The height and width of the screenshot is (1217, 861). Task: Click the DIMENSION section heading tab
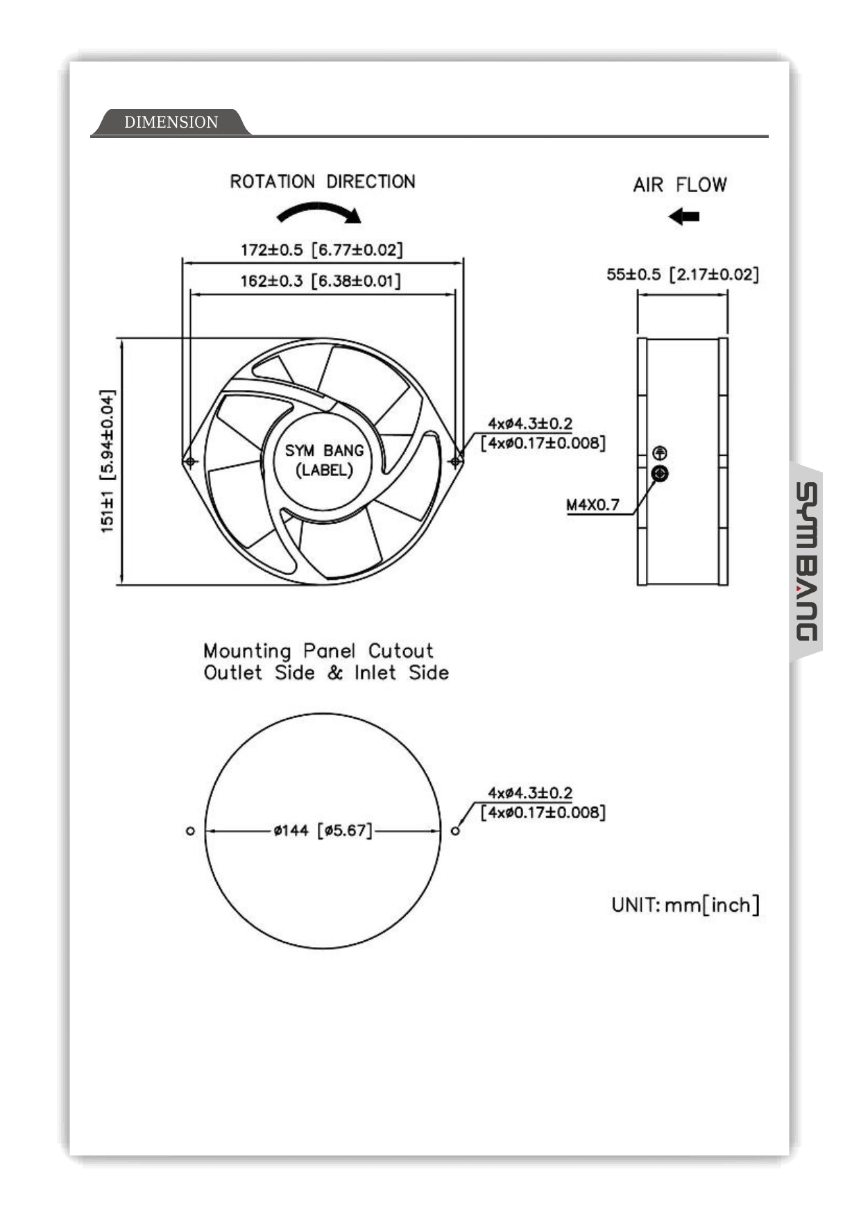(x=171, y=122)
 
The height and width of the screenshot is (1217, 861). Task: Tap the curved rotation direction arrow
(x=319, y=212)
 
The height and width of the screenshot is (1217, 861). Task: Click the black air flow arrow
(x=684, y=216)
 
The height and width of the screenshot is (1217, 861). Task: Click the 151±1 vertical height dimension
(x=108, y=461)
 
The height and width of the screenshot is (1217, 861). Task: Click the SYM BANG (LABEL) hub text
(x=324, y=460)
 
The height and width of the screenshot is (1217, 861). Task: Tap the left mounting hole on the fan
(x=189, y=461)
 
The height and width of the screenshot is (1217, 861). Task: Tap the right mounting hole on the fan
(x=455, y=461)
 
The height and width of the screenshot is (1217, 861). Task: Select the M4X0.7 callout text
(x=593, y=505)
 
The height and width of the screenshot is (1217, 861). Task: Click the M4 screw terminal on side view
(x=660, y=474)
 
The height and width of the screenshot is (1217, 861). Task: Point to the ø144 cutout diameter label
(x=323, y=831)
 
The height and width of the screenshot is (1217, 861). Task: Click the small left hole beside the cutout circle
(x=190, y=831)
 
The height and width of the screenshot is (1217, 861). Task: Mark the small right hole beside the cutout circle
(x=455, y=831)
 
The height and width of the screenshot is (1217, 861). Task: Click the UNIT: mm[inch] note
(x=685, y=905)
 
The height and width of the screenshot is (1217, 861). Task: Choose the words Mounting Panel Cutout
(x=318, y=651)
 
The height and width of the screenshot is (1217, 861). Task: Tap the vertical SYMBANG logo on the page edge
(x=806, y=562)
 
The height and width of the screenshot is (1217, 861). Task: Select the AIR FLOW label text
(x=679, y=185)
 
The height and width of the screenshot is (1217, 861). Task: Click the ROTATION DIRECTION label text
(x=323, y=182)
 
